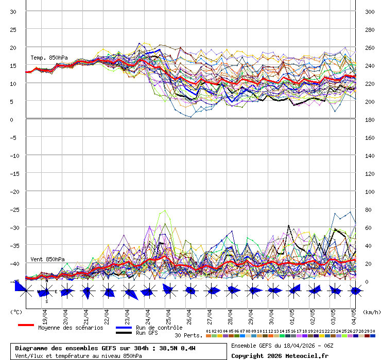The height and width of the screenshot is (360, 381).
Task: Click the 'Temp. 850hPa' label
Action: pos(49,58)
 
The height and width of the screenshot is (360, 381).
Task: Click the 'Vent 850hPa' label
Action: pos(47,259)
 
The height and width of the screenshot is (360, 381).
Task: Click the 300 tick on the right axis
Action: pos(370,12)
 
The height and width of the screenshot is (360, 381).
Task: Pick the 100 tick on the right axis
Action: pos(370,192)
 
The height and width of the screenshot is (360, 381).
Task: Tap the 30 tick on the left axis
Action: pos(13,12)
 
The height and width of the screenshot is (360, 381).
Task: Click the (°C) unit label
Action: pos(16,312)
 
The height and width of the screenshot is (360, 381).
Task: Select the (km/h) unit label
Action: pos(371,312)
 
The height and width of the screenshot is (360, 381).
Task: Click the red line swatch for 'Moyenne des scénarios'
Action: pos(26,325)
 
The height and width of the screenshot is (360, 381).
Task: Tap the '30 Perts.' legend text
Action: pos(188,335)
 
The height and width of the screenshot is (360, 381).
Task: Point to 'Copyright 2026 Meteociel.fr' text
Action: pos(280,355)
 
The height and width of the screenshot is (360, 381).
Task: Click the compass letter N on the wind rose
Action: pos(46,281)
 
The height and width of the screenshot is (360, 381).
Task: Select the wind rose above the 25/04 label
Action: pos(168,291)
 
